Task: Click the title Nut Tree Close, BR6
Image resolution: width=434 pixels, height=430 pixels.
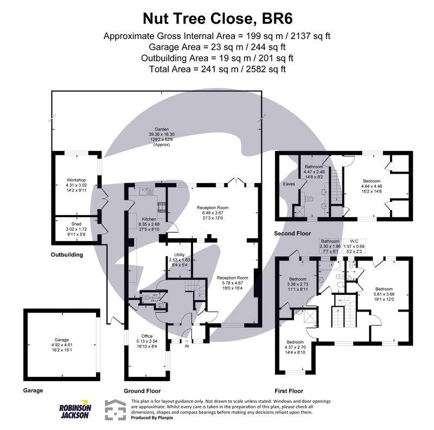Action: pos(217,18)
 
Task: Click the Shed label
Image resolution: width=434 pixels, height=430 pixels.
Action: pos(76,224)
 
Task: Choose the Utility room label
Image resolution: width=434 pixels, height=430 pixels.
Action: pos(180,255)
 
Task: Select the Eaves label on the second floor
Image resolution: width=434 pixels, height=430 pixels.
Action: pos(289,184)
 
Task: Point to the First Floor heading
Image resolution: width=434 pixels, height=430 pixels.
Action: pos(289,390)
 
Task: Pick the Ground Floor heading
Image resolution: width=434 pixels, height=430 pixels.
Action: pos(143,390)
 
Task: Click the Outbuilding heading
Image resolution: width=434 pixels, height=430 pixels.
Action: pos(67,254)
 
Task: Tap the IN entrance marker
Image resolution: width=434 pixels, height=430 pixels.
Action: pos(187,346)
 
